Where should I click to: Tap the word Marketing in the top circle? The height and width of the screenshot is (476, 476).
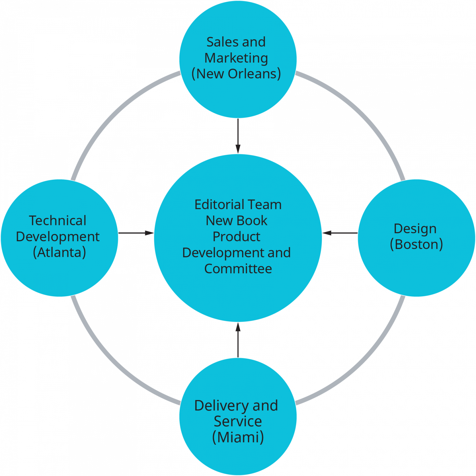click(x=236, y=58)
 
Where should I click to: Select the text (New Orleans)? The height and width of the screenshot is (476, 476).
click(x=236, y=74)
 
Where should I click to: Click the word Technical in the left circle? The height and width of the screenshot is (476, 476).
click(x=58, y=221)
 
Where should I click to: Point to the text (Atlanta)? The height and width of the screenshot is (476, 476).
click(x=59, y=252)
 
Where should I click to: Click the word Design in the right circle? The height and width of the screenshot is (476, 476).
click(x=415, y=229)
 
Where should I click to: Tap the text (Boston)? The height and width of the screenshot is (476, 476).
click(x=416, y=245)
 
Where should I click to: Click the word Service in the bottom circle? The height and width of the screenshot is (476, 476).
click(x=238, y=421)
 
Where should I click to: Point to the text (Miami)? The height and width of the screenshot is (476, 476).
click(x=238, y=437)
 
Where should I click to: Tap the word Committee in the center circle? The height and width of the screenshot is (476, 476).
click(x=238, y=269)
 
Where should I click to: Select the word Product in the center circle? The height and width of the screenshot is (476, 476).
click(x=236, y=237)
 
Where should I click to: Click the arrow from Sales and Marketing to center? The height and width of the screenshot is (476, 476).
click(x=238, y=136)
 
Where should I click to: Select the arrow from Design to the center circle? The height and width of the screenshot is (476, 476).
click(x=340, y=233)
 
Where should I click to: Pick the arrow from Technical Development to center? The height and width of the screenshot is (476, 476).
click(x=136, y=233)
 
